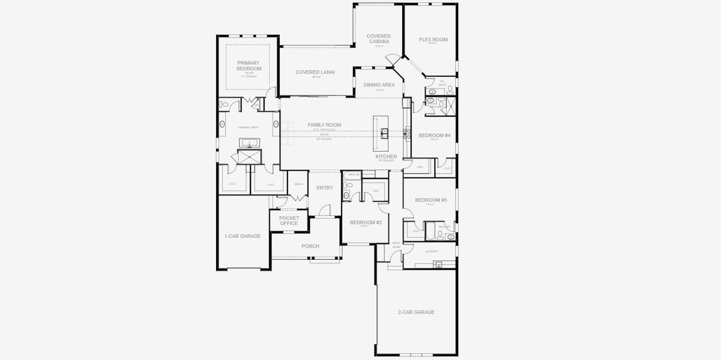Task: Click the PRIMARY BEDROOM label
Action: pyautogui.click(x=249, y=65)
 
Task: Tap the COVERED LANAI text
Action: pyautogui.click(x=315, y=72)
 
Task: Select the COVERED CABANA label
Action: pyautogui.click(x=379, y=39)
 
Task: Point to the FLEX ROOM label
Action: pyautogui.click(x=433, y=40)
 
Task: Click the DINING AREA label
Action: pyautogui.click(x=379, y=85)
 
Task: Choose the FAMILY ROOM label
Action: pyautogui.click(x=324, y=125)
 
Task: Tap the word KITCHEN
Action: pyautogui.click(x=386, y=157)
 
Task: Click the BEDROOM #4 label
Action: pyautogui.click(x=434, y=136)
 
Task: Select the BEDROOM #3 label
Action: pyautogui.click(x=430, y=200)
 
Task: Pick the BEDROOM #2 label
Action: pyautogui.click(x=366, y=222)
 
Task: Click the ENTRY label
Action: pyautogui.click(x=325, y=188)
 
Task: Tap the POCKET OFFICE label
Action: pyautogui.click(x=289, y=221)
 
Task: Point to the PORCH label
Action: pyautogui.click(x=310, y=246)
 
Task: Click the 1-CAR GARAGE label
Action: pyautogui.click(x=243, y=236)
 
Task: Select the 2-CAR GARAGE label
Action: pyautogui.click(x=416, y=312)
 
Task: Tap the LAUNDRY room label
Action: pyautogui.click(x=431, y=251)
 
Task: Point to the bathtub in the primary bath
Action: pyautogui.click(x=249, y=143)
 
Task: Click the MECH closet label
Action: pyautogui.click(x=298, y=184)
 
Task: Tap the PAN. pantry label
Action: pyautogui.click(x=420, y=167)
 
